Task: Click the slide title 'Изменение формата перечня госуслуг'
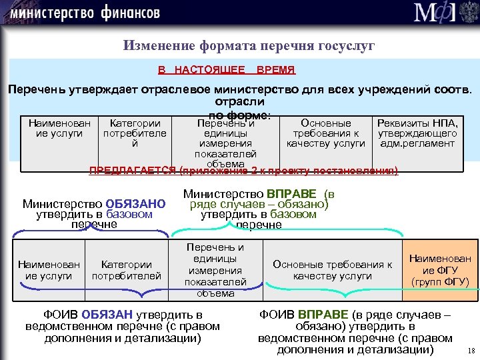pyautogui.click(x=249, y=46)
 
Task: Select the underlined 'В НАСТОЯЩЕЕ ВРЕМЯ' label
pyautogui.click(x=227, y=69)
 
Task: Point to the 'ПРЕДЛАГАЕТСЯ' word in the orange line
pyautogui.click(x=133, y=171)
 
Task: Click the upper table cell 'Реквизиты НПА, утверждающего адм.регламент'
pyautogui.click(x=417, y=133)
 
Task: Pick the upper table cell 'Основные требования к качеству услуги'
pyautogui.click(x=326, y=133)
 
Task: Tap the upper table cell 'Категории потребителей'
pyautogui.click(x=135, y=133)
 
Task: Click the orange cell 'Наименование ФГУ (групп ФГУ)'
pyautogui.click(x=440, y=269)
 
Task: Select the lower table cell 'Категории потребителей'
pyautogui.click(x=127, y=270)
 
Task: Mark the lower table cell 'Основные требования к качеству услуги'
pyautogui.click(x=332, y=270)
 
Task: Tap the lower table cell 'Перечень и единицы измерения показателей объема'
pyautogui.click(x=215, y=270)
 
